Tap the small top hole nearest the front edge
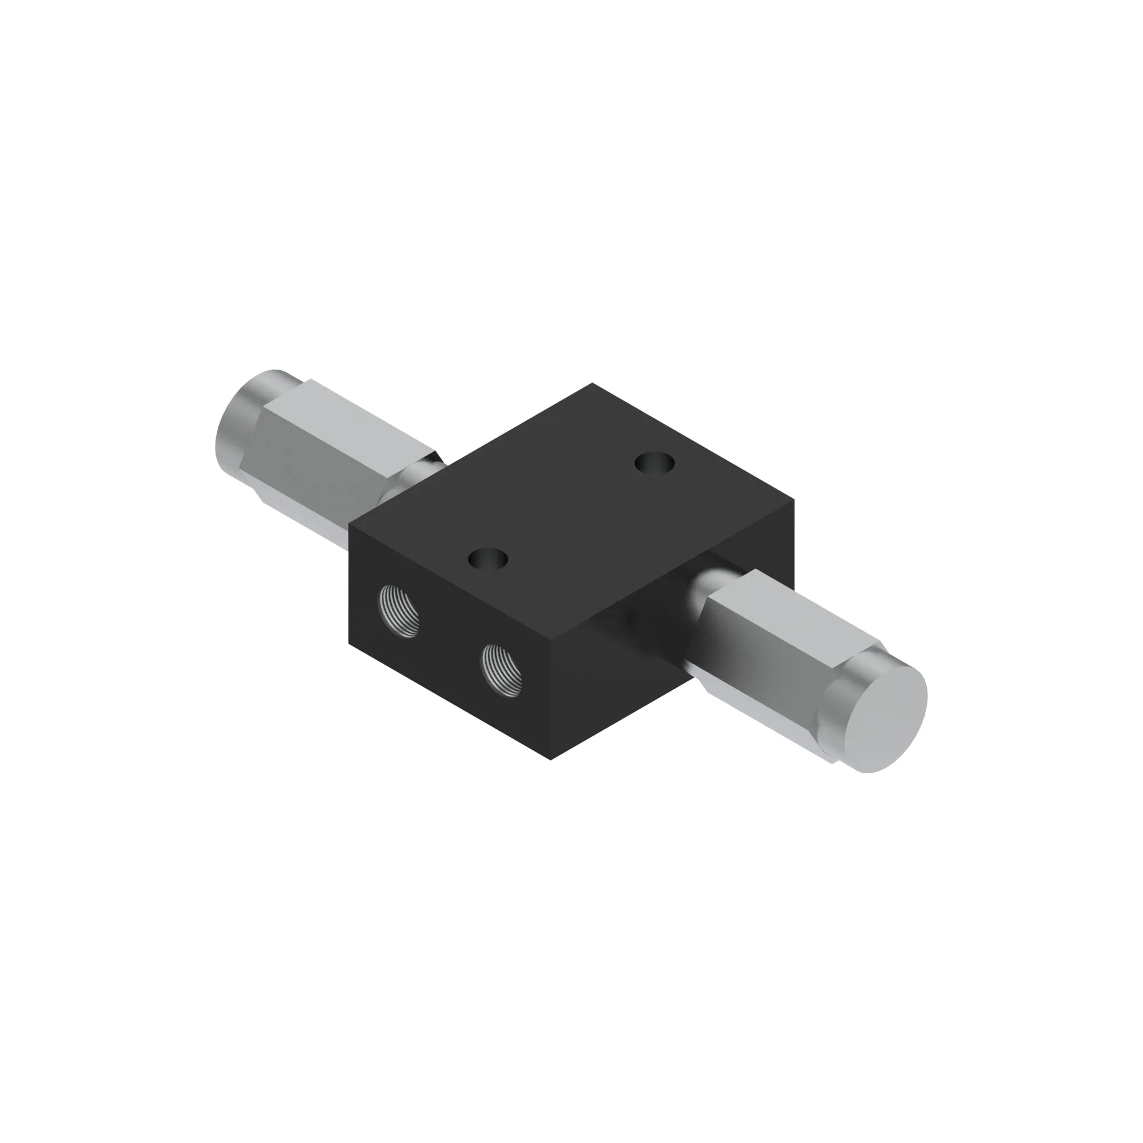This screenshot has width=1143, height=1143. pyautogui.click(x=487, y=559)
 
